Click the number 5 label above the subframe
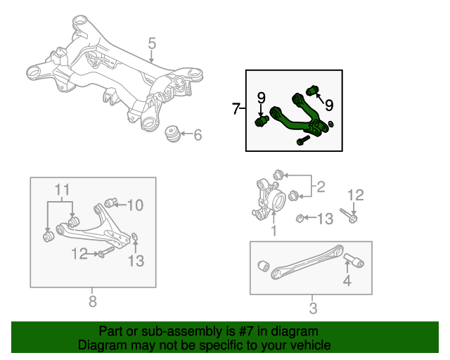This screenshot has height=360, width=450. (x=152, y=46)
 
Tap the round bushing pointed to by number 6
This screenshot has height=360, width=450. (x=172, y=134)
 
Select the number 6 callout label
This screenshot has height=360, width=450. (x=197, y=134)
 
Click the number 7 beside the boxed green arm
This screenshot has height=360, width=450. (x=236, y=109)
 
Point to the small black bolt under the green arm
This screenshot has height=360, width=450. (x=302, y=141)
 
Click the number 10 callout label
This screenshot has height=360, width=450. (x=135, y=205)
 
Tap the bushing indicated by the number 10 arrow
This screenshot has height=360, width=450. (x=110, y=204)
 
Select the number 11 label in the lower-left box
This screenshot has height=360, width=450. (x=63, y=189)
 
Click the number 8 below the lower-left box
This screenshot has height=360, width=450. (x=93, y=302)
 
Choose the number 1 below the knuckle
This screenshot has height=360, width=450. (x=274, y=230)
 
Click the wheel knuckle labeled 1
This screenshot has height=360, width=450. (x=268, y=198)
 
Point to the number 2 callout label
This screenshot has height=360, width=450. (x=321, y=187)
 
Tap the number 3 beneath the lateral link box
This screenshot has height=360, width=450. (x=313, y=308)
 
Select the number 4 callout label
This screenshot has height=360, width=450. (x=346, y=283)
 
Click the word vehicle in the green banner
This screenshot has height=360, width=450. (x=308, y=346)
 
